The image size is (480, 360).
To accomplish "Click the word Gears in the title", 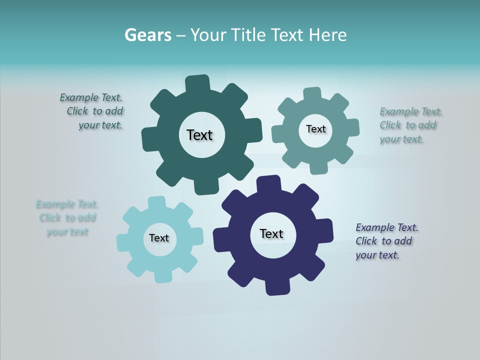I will pyautogui.click(x=148, y=35).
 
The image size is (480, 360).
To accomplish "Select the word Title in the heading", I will pyautogui.click(x=247, y=35).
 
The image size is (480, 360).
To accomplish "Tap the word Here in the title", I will pyautogui.click(x=327, y=35).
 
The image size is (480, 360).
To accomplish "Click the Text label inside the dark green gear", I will pyautogui.click(x=199, y=135).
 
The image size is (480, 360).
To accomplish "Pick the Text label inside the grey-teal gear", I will pyautogui.click(x=315, y=129).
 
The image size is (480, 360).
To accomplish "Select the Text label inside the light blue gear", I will pyautogui.click(x=159, y=238).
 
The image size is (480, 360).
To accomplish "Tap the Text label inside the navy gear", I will pyautogui.click(x=271, y=233).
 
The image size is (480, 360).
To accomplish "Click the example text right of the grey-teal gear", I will pyautogui.click(x=411, y=125).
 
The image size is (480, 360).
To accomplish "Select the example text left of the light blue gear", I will pyautogui.click(x=67, y=218).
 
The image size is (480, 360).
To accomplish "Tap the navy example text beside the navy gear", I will pyautogui.click(x=386, y=241).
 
